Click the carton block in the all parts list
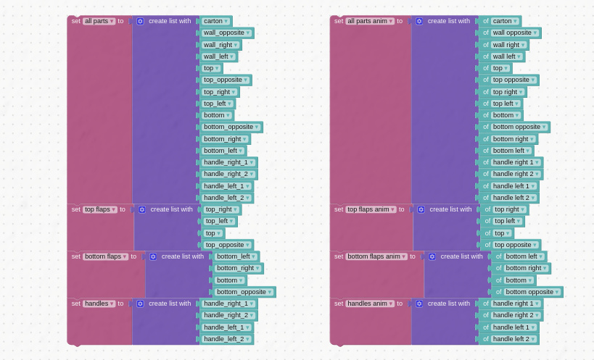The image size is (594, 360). [215, 21]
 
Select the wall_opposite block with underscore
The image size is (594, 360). [226, 33]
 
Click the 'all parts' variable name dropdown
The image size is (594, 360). [99, 21]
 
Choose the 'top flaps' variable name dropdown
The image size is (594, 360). [100, 209]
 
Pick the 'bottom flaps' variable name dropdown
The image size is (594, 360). [106, 256]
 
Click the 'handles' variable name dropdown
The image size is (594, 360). [99, 304]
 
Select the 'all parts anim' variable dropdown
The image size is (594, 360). [370, 21]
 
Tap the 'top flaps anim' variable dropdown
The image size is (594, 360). [371, 209]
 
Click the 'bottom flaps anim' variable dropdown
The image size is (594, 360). [376, 256]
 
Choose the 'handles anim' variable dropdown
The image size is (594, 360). [370, 304]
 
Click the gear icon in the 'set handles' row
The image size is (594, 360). [140, 304]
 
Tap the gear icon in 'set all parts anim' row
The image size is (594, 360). [419, 21]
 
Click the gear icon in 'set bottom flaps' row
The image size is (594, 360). [153, 256]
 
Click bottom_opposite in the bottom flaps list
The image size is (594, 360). [244, 292]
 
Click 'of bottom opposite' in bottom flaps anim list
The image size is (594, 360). [527, 292]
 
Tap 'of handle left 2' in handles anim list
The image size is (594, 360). [508, 339]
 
